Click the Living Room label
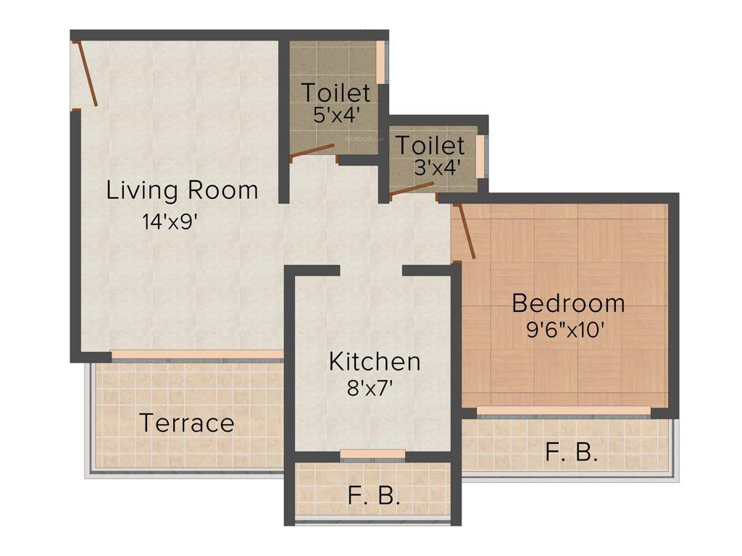(182, 191)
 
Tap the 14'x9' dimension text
(170, 222)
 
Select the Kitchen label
(374, 361)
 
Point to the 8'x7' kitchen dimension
(370, 389)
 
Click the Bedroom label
(568, 303)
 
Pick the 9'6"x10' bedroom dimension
(565, 330)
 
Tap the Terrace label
(186, 423)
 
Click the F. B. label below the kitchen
(374, 497)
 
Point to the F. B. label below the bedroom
(571, 453)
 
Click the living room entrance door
(86, 75)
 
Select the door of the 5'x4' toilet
(312, 151)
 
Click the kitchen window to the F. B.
(372, 454)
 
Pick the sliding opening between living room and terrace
(196, 355)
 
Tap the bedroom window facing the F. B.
(564, 410)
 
